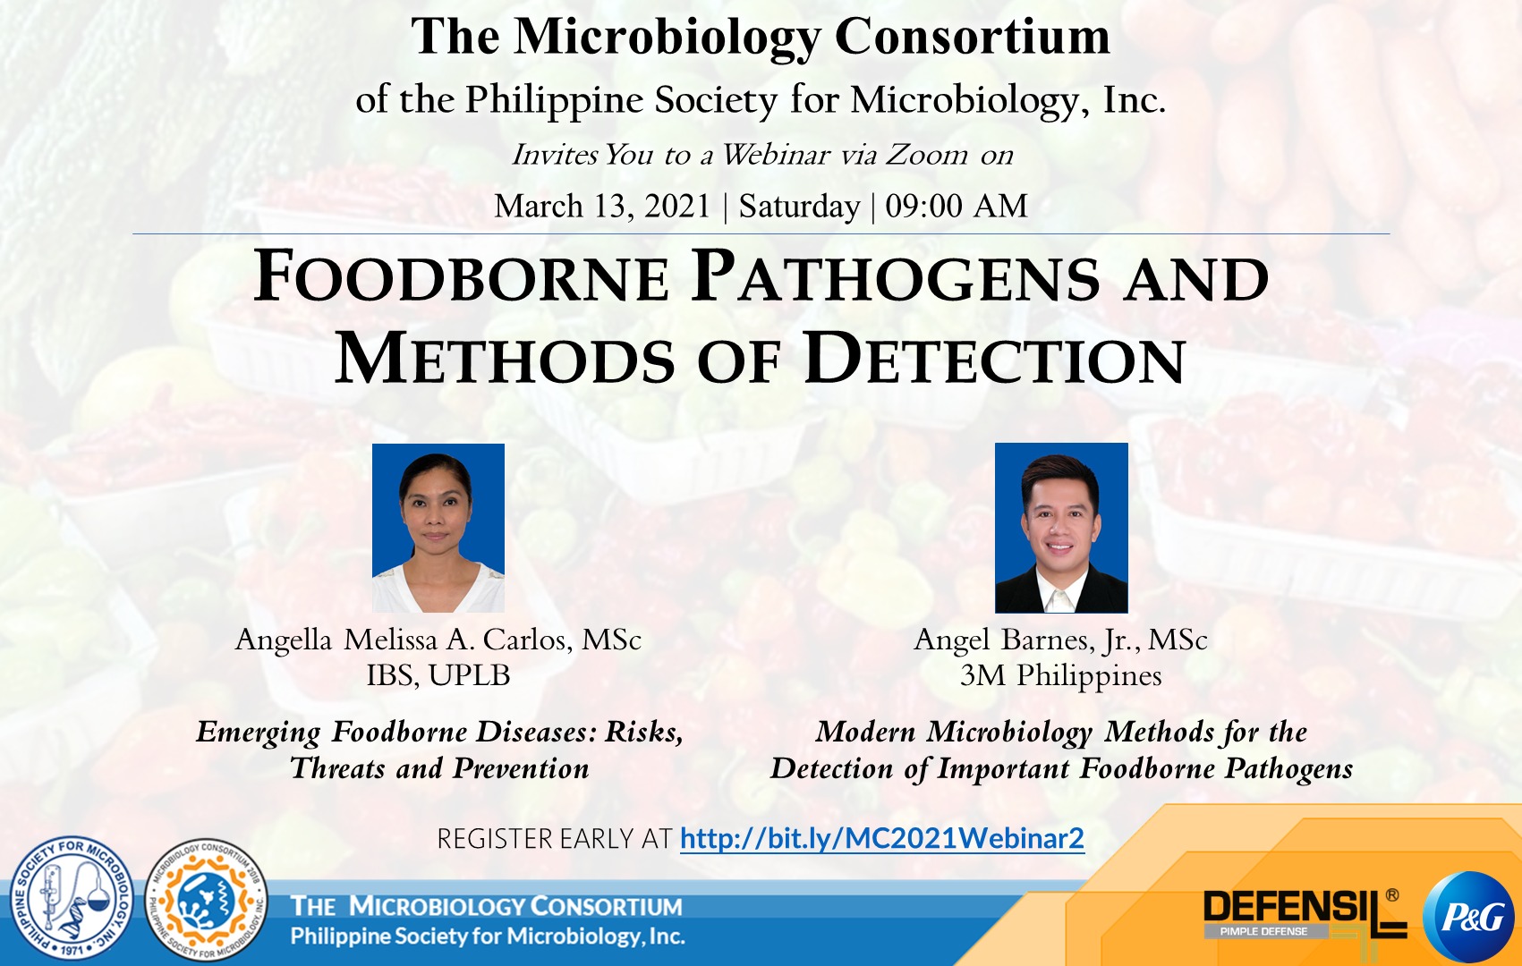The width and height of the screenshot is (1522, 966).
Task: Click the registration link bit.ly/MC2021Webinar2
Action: click(x=882, y=839)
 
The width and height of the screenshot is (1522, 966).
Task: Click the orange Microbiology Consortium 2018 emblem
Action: click(x=206, y=899)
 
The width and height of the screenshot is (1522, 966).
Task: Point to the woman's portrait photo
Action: click(x=438, y=528)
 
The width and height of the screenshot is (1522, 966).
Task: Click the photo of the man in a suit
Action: click(x=1061, y=528)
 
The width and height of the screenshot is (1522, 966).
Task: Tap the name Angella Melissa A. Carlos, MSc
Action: click(x=438, y=640)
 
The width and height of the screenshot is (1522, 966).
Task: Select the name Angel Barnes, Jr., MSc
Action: click(x=1060, y=640)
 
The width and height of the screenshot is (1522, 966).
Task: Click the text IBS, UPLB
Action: click(x=438, y=675)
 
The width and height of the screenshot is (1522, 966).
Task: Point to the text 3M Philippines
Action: click(x=1060, y=676)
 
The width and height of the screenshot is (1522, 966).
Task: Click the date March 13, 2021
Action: click(x=602, y=206)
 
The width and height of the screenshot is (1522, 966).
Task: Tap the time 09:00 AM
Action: click(x=957, y=206)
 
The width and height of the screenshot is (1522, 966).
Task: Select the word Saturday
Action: click(x=800, y=207)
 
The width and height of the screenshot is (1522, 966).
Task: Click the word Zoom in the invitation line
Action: click(x=926, y=155)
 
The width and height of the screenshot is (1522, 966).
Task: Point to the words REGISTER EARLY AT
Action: click(x=555, y=840)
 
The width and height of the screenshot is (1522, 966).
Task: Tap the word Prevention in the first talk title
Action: click(x=521, y=769)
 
